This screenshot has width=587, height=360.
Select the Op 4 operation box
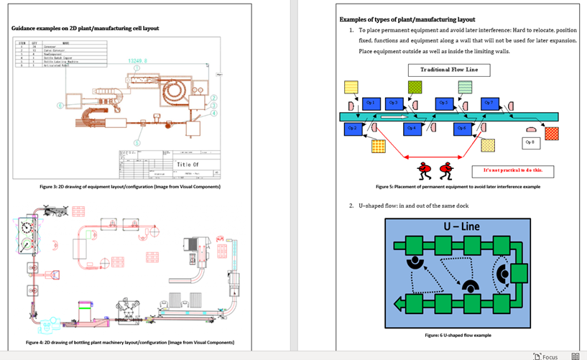coord(411,129)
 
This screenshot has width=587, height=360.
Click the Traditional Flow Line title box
coord(449,70)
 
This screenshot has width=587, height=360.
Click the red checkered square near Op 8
coord(551,133)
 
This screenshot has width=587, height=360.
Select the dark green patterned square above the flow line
coord(415,86)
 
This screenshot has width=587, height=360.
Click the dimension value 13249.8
coord(139,61)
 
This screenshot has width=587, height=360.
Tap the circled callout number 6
coord(60,104)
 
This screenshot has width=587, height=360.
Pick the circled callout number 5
coord(138,143)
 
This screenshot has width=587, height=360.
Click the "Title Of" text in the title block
coord(188,165)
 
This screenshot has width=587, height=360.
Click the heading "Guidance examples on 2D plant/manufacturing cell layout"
coord(85,29)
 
